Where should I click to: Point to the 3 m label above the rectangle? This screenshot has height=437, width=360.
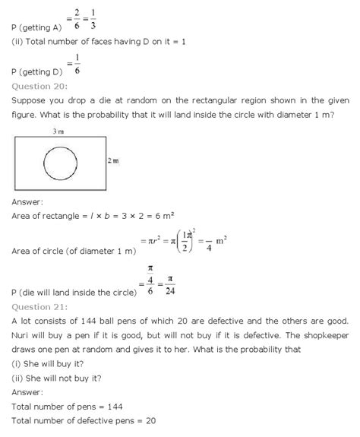(58, 131)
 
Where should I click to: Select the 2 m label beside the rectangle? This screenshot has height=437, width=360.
(112, 162)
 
